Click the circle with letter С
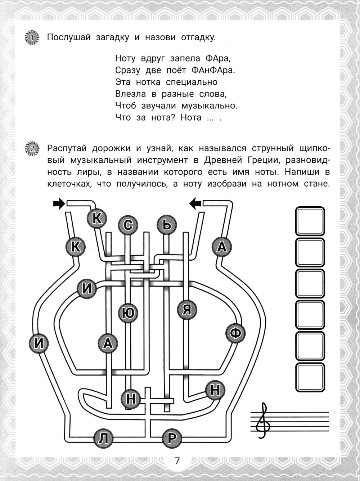tap(128, 225)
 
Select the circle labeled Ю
tap(129, 313)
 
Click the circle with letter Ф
tap(235, 333)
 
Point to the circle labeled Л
tap(103, 438)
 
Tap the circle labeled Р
tap(171, 438)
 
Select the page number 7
tap(177, 461)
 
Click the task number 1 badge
tap(32, 37)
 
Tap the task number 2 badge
tap(32, 148)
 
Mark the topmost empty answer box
tap(310, 221)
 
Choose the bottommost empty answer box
tap(310, 378)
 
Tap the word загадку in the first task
tap(112, 37)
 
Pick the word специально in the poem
tap(192, 82)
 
